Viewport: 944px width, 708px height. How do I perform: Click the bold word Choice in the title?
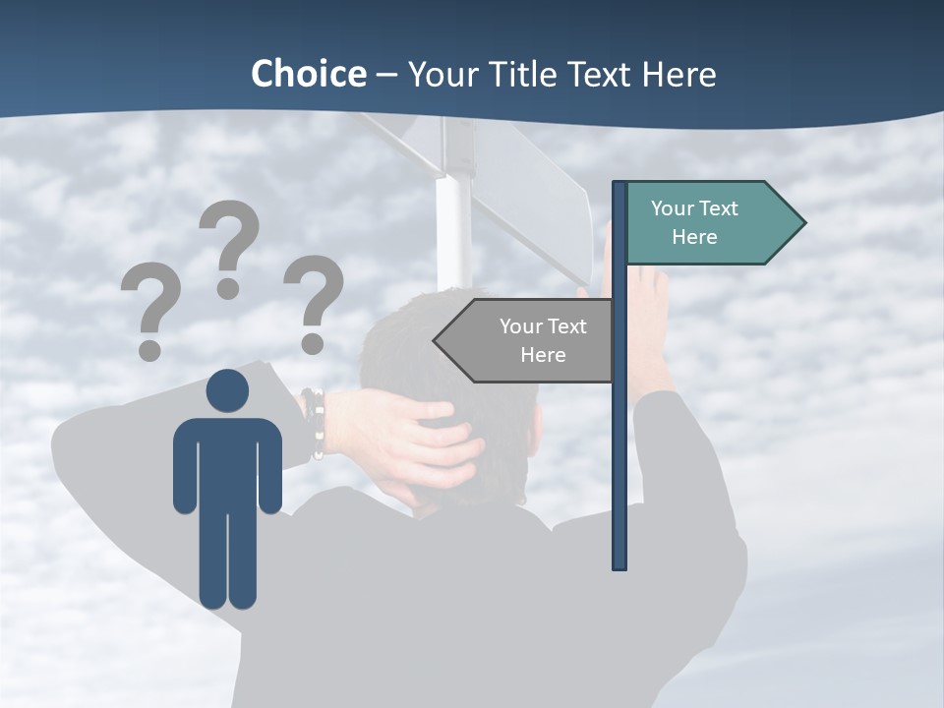[308, 74]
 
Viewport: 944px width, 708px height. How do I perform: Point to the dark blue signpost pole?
[619, 442]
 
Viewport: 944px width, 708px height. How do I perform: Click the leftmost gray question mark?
[149, 303]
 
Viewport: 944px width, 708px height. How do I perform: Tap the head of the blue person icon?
[227, 390]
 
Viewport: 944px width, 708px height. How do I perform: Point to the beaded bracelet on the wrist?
[314, 423]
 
